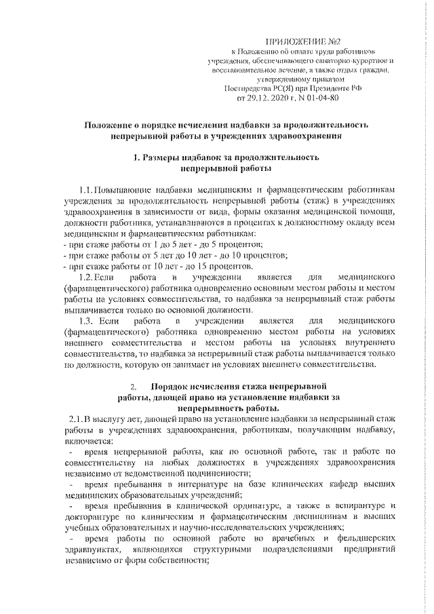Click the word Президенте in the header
319,88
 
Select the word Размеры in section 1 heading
166,157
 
